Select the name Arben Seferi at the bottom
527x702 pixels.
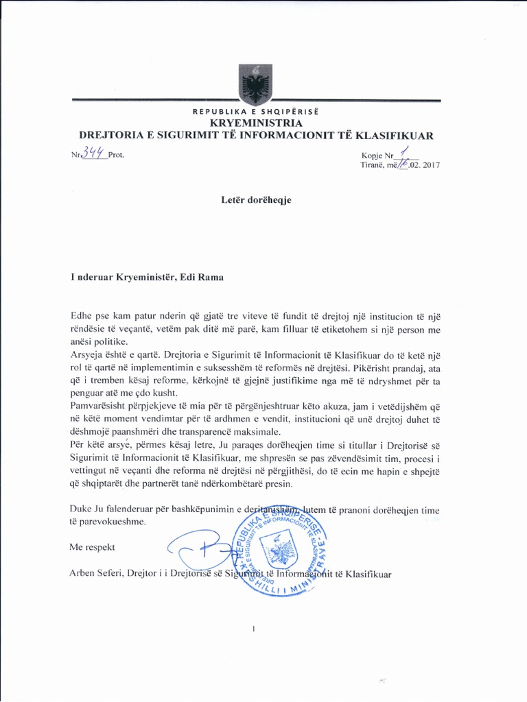pyautogui.click(x=95, y=573)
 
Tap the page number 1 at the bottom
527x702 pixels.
pyautogui.click(x=254, y=628)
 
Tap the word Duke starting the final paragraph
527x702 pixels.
pyautogui.click(x=82, y=509)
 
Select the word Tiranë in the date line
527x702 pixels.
pyautogui.click(x=374, y=165)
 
